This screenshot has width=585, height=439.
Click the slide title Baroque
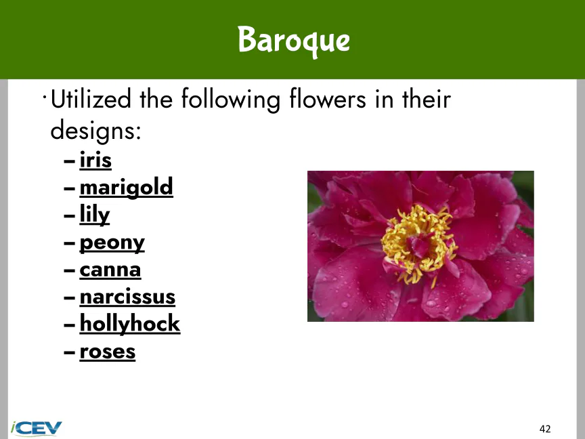tap(294, 41)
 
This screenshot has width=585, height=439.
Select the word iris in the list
tap(95, 161)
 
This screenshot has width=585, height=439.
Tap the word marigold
tap(127, 188)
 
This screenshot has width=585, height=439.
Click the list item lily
tap(95, 215)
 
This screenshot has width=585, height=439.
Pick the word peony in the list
tap(112, 243)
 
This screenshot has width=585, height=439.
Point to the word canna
tap(110, 270)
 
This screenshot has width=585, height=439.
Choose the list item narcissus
tap(127, 297)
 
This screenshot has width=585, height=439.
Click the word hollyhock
tap(130, 323)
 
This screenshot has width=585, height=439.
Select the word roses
tap(108, 352)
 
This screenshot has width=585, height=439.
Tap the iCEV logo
tap(36, 428)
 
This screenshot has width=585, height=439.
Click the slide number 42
tap(545, 429)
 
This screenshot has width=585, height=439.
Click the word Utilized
tap(91, 99)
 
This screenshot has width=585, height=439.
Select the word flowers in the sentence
tap(328, 99)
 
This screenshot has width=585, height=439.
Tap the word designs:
tap(96, 130)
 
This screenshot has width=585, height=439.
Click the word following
tap(231, 100)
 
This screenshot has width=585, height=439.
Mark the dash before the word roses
tap(69, 352)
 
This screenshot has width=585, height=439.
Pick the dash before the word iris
tap(69, 161)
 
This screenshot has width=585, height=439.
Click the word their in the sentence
tap(427, 99)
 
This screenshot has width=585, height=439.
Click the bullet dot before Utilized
tap(45, 98)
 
